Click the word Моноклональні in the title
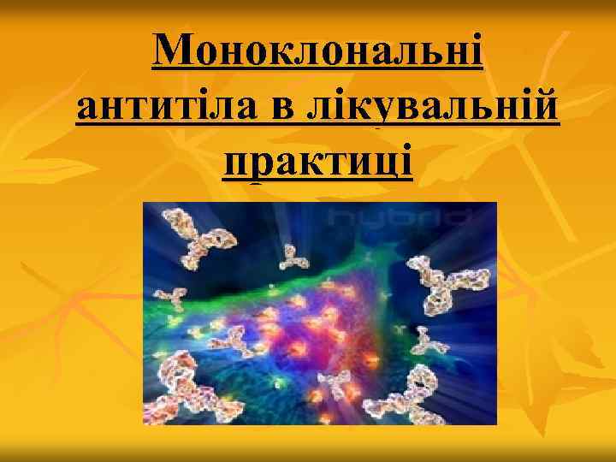pos(318,54)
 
